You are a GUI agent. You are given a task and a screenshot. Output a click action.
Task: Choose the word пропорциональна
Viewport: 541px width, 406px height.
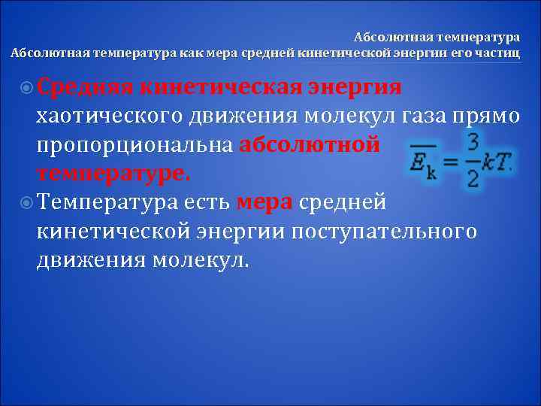pyautogui.click(x=135, y=145)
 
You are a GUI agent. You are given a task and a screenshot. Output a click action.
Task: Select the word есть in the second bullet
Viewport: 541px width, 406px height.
pyautogui.click(x=206, y=202)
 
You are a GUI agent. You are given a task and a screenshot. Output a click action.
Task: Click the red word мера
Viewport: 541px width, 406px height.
pyautogui.click(x=264, y=202)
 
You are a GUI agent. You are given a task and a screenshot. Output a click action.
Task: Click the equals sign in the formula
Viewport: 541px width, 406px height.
pyautogui.click(x=450, y=162)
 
